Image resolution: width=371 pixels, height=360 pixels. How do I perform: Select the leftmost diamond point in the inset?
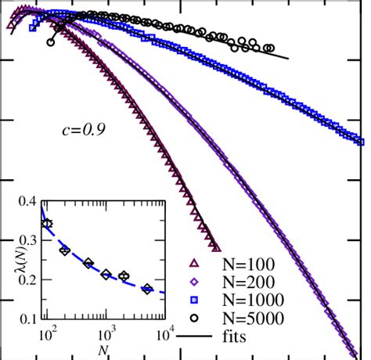pos(48,224)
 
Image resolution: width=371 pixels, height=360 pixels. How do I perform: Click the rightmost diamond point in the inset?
pos(147,290)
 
